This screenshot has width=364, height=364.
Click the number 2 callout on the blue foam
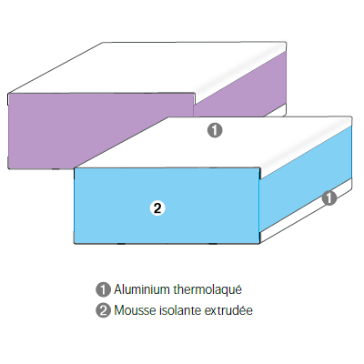click(x=157, y=208)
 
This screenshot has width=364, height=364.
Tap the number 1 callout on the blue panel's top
click(x=215, y=130)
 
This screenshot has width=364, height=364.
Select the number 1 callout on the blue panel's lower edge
click(x=329, y=197)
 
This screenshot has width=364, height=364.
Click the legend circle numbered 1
click(x=103, y=289)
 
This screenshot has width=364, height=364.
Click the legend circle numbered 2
click(x=103, y=310)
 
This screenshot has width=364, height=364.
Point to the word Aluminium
click(x=142, y=289)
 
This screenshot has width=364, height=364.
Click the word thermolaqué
click(x=207, y=289)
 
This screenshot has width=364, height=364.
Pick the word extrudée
click(x=228, y=310)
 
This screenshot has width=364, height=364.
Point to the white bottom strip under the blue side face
click(x=306, y=211)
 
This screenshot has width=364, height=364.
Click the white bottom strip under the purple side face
click(x=276, y=110)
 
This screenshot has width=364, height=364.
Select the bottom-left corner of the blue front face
click(x=75, y=243)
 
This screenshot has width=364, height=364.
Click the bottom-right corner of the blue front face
click(x=259, y=243)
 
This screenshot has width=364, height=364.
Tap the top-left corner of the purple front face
click(x=8, y=94)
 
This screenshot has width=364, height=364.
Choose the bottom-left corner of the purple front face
click(x=8, y=168)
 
